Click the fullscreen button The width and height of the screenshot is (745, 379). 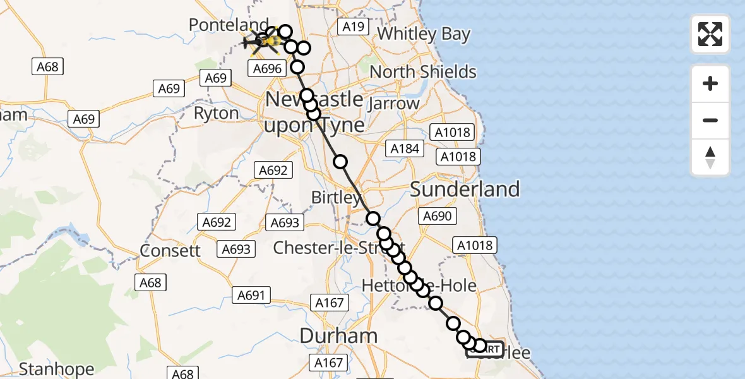tap(710, 34)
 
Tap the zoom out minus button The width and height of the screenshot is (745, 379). tap(710, 120)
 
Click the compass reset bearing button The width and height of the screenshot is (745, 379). tap(710, 157)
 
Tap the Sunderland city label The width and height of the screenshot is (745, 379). tap(465, 189)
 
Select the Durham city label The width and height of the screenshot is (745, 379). tap(338, 335)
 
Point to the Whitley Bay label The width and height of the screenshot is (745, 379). tap(424, 33)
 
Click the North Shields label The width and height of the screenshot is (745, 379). tap(423, 71)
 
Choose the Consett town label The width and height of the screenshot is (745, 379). tap(170, 250)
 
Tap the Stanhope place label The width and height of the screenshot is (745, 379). tap(57, 369)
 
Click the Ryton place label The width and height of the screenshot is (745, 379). tap(217, 114)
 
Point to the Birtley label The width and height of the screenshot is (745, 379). tap(336, 198)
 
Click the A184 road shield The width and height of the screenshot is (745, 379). tap(405, 148)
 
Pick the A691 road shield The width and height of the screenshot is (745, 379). tap(251, 294)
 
